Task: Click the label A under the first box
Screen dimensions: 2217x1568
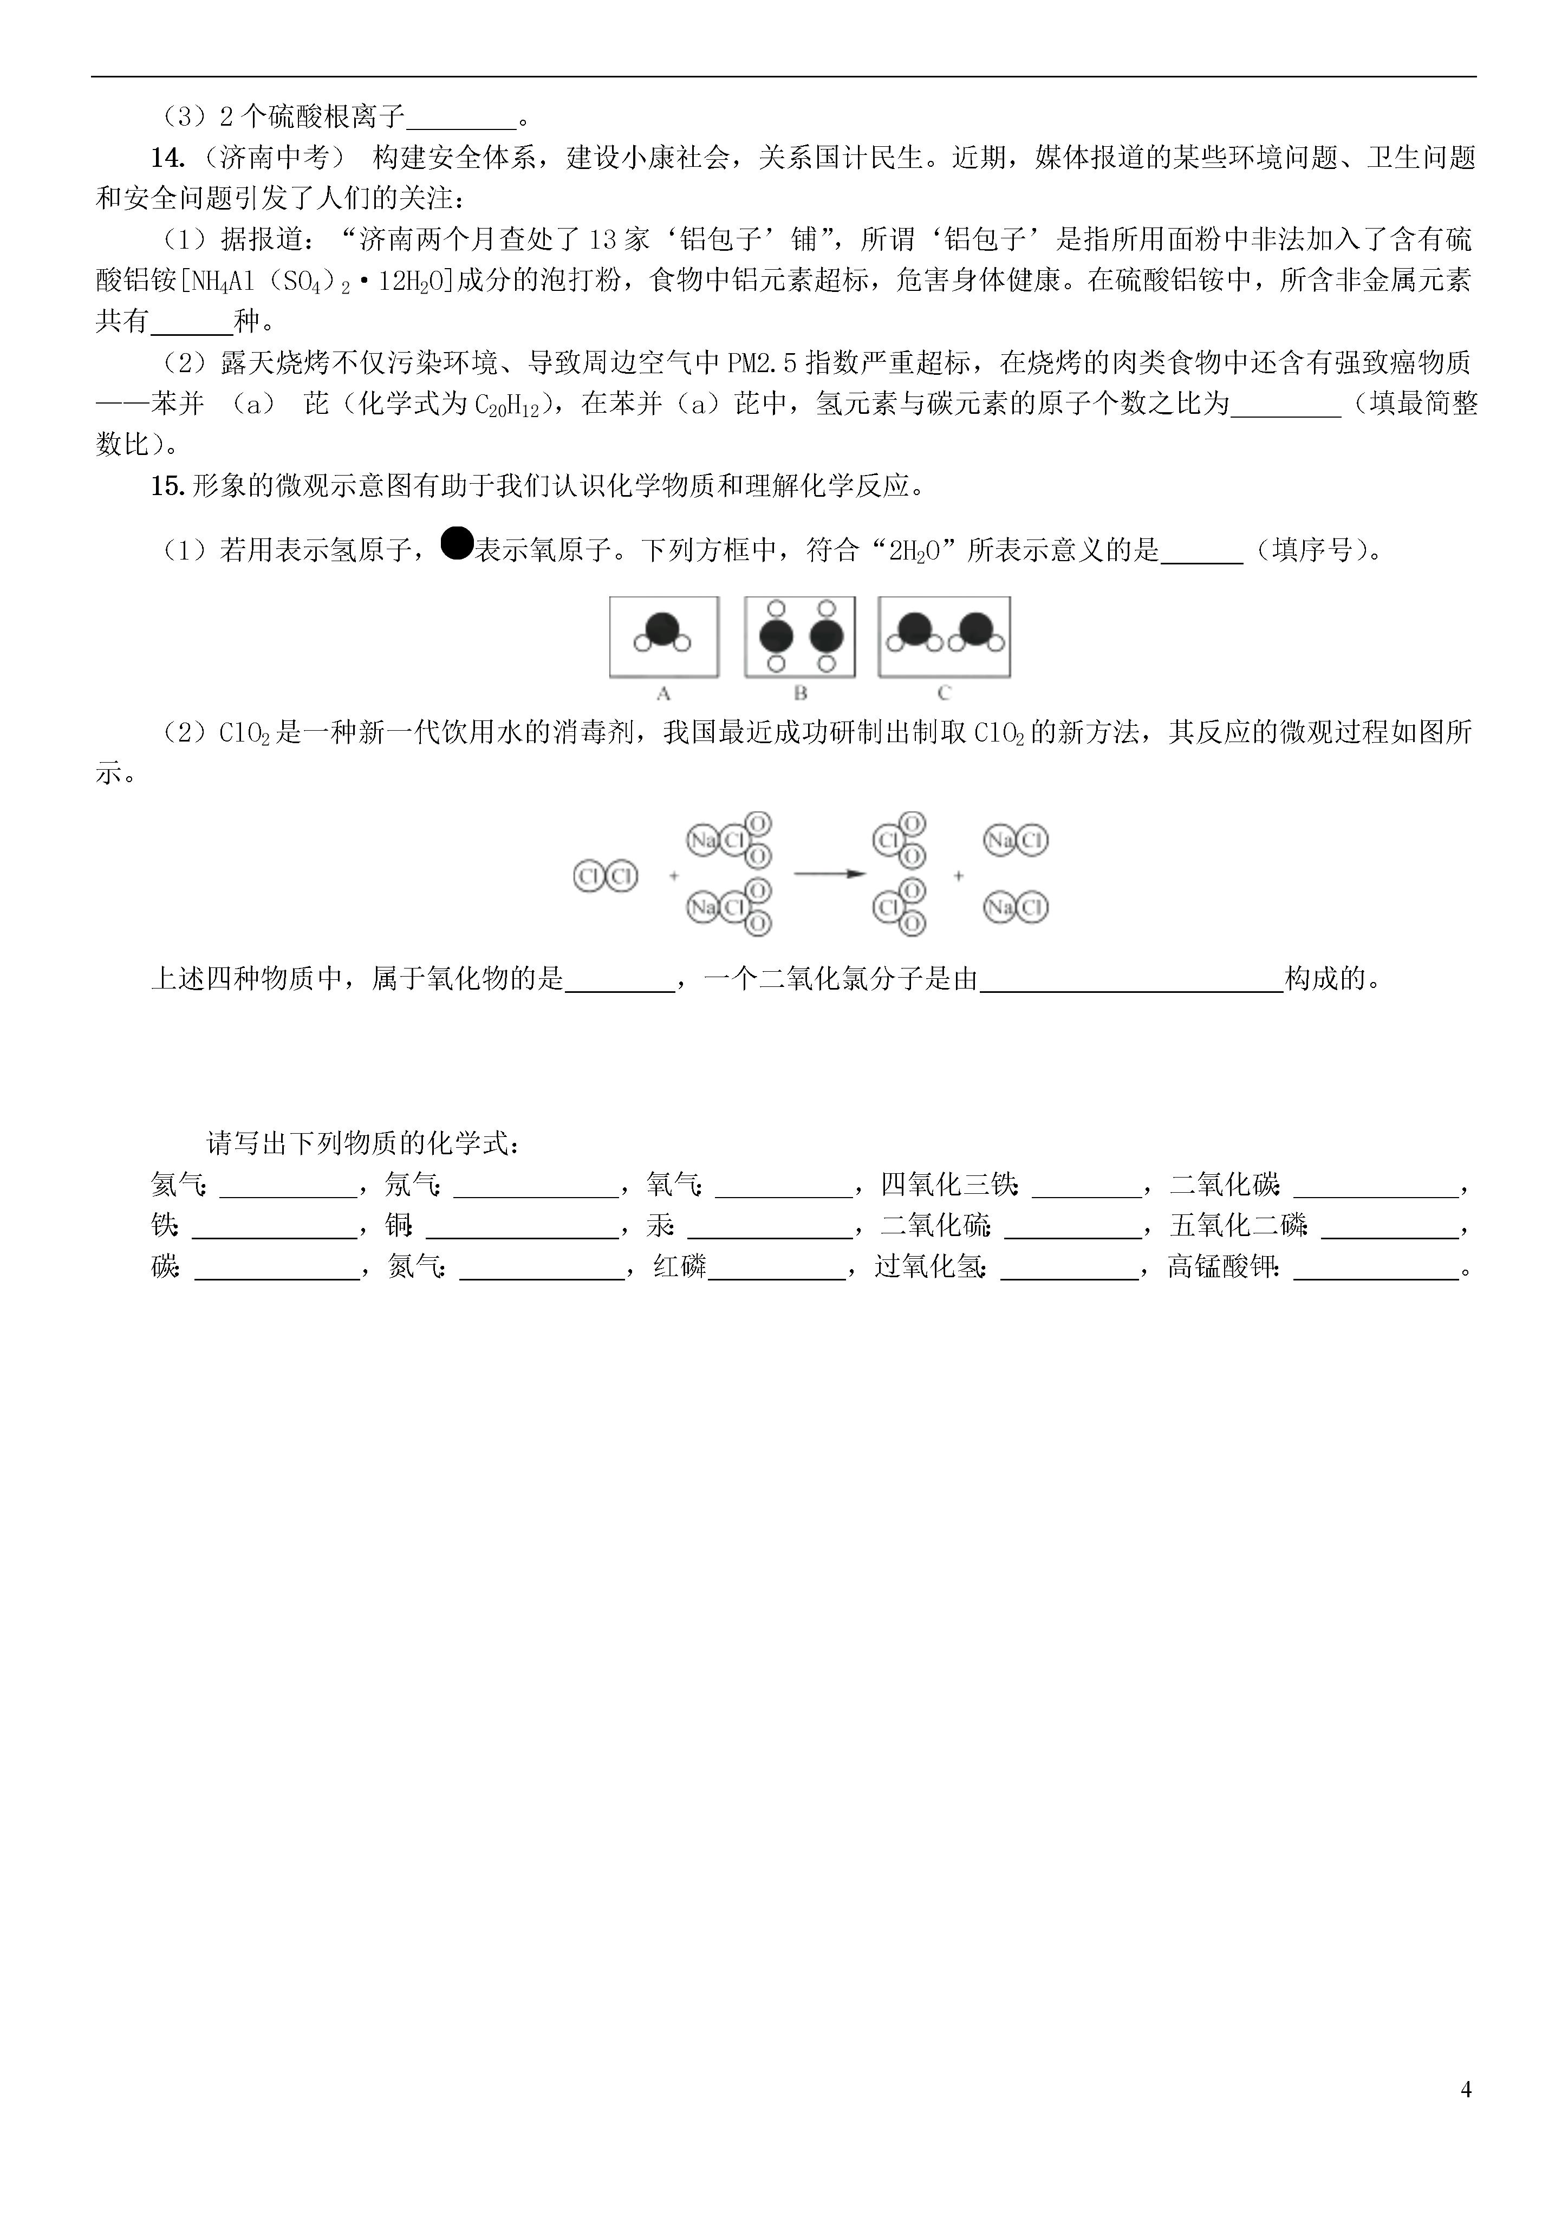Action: [663, 693]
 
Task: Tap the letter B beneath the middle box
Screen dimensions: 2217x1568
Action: [801, 693]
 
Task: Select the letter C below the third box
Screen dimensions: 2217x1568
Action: [944, 693]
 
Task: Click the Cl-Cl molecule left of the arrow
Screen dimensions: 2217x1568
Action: [606, 876]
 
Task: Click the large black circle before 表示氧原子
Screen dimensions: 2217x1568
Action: [456, 544]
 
